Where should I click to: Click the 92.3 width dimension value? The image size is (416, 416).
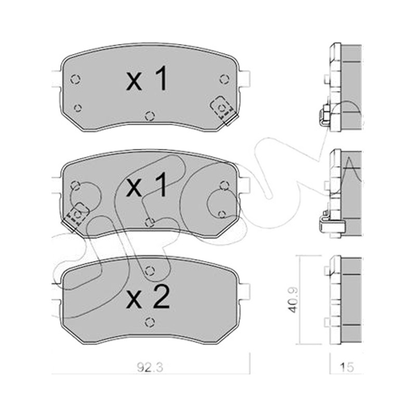150,368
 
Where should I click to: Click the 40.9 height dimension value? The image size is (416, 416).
293,300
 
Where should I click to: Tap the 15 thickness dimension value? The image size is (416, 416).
346,368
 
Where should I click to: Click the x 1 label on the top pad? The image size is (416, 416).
147,79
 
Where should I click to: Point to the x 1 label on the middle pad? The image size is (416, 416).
147,185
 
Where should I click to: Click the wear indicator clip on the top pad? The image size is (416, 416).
223,110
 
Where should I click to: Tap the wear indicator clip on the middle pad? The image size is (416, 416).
75,216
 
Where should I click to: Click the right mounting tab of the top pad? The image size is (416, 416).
245,79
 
